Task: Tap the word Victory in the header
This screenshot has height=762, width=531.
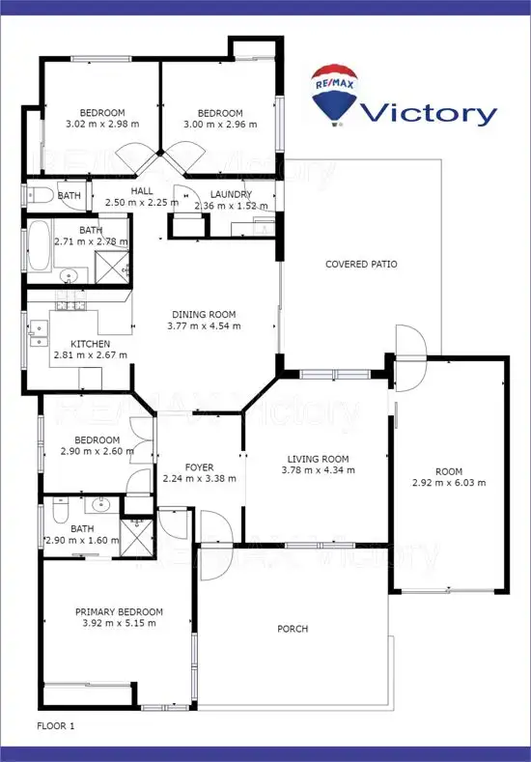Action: coord(428,113)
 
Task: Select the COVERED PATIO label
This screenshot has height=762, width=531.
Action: coord(361,264)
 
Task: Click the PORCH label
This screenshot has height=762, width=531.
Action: coord(293,629)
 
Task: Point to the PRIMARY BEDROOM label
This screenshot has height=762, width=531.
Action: coord(120,611)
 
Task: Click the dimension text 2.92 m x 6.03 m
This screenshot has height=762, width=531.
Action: coord(448,483)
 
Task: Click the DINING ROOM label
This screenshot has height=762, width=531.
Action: coord(204,314)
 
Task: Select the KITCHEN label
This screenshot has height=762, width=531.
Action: coord(91,344)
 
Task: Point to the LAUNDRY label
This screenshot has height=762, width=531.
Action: coord(231,193)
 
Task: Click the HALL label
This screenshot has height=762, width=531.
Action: coord(143,191)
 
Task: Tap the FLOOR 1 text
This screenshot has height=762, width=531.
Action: coord(56,723)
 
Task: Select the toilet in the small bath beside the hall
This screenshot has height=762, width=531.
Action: coord(39,196)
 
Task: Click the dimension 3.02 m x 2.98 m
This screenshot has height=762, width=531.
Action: coord(101,124)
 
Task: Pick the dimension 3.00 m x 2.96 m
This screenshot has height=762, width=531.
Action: coord(221,124)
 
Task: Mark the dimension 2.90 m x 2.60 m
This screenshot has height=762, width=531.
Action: coord(98,451)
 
